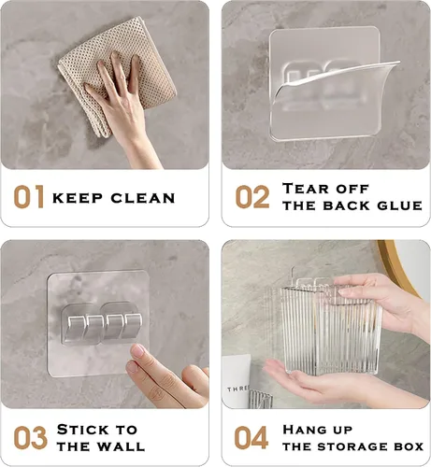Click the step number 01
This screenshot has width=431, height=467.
coord(29,197)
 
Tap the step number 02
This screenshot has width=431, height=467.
coord(252,197)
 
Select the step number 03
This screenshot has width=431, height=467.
coord(30,438)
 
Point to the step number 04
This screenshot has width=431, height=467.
coord(251,438)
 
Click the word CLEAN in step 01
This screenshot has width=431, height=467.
coord(143,198)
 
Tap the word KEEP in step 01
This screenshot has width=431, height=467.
coord(78,198)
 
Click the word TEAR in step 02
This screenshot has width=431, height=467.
coord(305,189)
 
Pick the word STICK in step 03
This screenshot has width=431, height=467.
coord(83,430)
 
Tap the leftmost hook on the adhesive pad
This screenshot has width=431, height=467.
coord(76,327)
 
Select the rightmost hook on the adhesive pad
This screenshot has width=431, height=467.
coord(133,326)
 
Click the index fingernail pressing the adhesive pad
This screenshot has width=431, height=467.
coord(137,351)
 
